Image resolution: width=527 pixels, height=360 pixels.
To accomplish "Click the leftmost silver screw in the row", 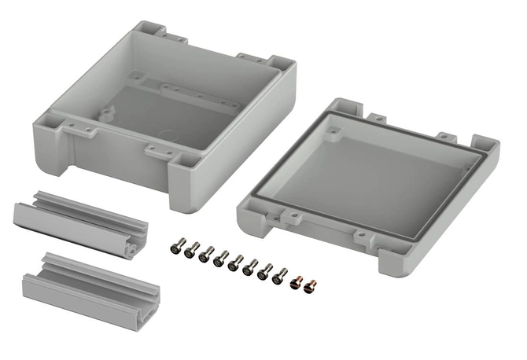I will [x=174, y=248].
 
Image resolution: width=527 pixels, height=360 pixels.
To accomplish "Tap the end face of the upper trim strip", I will [x=136, y=248].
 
